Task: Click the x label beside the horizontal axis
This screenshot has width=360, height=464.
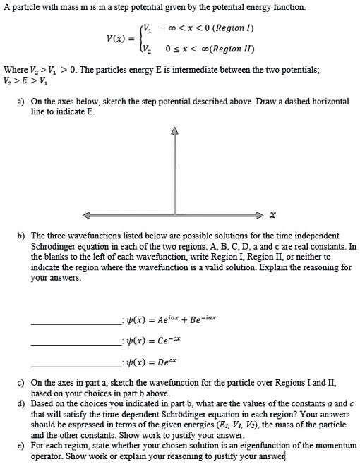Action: click(272, 214)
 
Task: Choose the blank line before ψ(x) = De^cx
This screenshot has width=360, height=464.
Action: click(76, 365)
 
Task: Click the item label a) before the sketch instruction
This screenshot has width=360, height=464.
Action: click(21, 102)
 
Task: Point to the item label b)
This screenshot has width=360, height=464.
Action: click(21, 235)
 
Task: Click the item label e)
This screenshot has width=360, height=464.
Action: click(21, 446)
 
